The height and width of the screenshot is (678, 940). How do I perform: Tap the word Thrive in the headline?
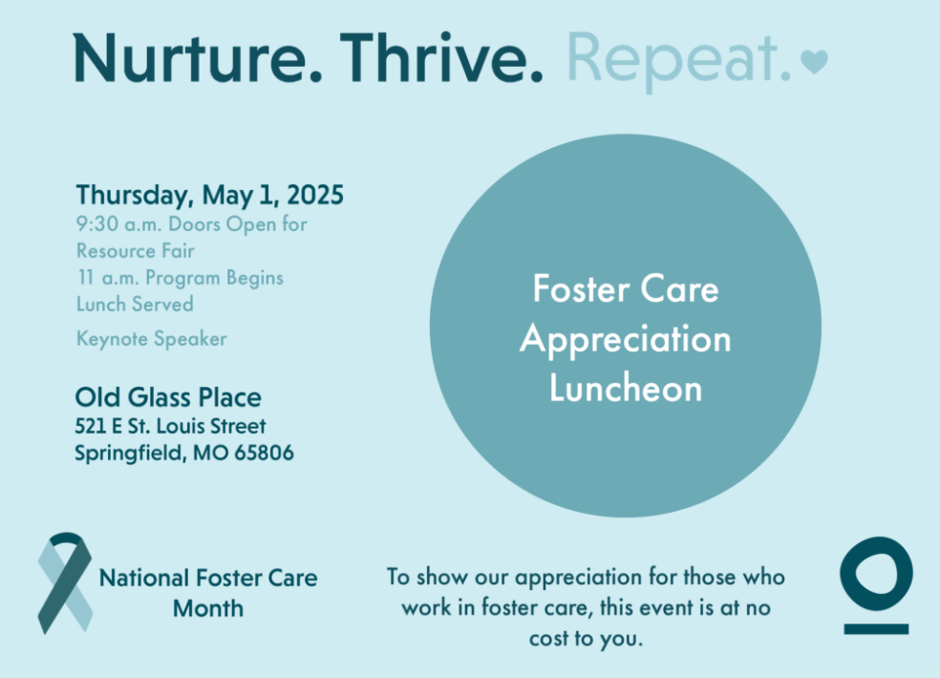[442, 58]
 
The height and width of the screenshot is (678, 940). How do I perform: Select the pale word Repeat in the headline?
[679, 58]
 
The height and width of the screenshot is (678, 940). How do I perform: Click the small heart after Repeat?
[814, 63]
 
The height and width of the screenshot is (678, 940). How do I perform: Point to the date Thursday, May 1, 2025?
[209, 196]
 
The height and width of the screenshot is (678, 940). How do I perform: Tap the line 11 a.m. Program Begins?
[180, 278]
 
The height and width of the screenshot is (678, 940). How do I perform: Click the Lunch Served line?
[135, 304]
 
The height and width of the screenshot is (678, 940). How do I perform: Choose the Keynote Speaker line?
[151, 339]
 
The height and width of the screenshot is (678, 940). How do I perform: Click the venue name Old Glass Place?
[168, 396]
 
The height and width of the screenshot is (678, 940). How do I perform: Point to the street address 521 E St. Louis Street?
[170, 426]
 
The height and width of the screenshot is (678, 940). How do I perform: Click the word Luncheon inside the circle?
[626, 389]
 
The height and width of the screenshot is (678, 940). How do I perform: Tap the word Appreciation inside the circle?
[626, 339]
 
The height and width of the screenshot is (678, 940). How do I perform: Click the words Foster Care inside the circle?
[626, 289]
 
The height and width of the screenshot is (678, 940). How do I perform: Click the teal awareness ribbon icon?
[65, 583]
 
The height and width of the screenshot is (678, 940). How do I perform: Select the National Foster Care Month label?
[208, 592]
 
